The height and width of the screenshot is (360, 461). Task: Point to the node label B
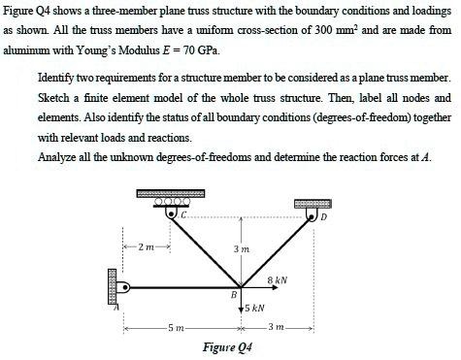click(x=232, y=293)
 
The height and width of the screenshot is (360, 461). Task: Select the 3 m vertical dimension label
click(x=243, y=249)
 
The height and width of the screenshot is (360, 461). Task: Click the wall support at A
click(x=115, y=285)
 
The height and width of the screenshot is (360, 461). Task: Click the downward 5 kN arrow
click(x=238, y=304)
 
